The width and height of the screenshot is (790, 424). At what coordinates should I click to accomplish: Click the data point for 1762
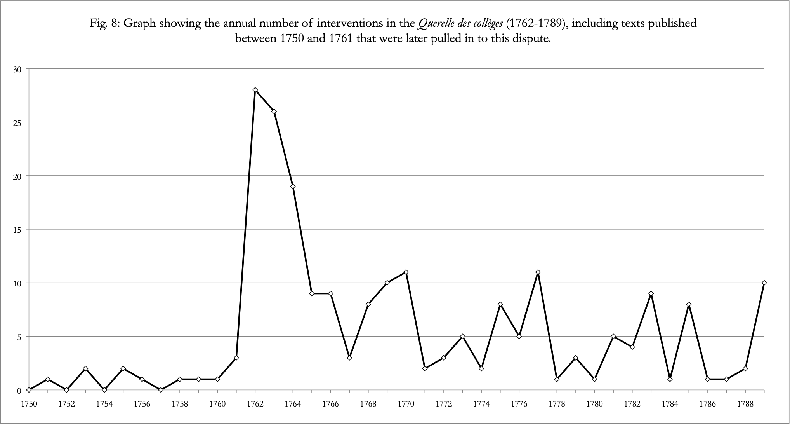(x=255, y=90)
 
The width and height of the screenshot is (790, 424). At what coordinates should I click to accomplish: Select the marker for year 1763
(x=274, y=111)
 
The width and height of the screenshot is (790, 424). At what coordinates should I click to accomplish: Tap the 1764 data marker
(x=293, y=186)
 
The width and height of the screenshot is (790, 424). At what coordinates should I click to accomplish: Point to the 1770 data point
(x=406, y=272)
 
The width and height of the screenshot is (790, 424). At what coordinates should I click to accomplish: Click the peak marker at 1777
(x=538, y=272)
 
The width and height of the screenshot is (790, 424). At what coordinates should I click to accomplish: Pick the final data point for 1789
(x=764, y=283)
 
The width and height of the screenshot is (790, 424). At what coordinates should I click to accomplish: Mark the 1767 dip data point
(x=349, y=358)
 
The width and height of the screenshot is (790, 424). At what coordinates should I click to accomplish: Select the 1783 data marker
(x=651, y=293)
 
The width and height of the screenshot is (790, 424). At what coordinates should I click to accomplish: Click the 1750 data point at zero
(x=29, y=390)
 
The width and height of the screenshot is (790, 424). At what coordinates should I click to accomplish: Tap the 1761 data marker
(x=236, y=358)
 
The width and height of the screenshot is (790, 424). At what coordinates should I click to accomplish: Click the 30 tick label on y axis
(x=18, y=69)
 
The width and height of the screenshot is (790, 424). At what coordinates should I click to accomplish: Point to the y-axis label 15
(x=18, y=230)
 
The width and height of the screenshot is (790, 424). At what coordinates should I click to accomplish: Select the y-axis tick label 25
(x=18, y=122)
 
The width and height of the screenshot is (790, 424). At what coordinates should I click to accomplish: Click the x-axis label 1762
(x=255, y=404)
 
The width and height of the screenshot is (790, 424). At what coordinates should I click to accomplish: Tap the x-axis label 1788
(x=745, y=404)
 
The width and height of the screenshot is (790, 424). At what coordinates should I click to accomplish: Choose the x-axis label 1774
(x=481, y=404)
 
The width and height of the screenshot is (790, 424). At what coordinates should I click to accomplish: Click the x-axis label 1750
(x=29, y=404)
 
